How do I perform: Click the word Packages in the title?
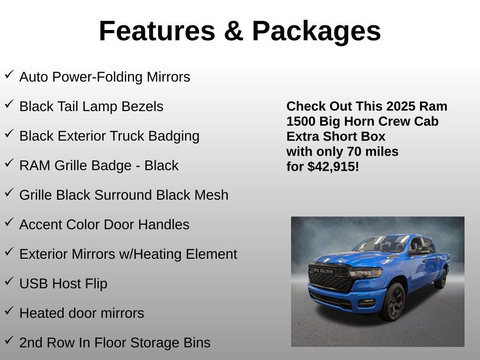[316, 31]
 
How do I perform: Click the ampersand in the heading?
[233, 31]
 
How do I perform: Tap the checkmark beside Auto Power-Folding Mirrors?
[9, 75]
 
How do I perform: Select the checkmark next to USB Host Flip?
[9, 282]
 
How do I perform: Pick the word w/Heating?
[152, 254]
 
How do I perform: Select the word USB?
[32, 284]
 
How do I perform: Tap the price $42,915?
[333, 166]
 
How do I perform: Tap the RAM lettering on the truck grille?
[323, 270]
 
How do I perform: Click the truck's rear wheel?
[441, 278]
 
